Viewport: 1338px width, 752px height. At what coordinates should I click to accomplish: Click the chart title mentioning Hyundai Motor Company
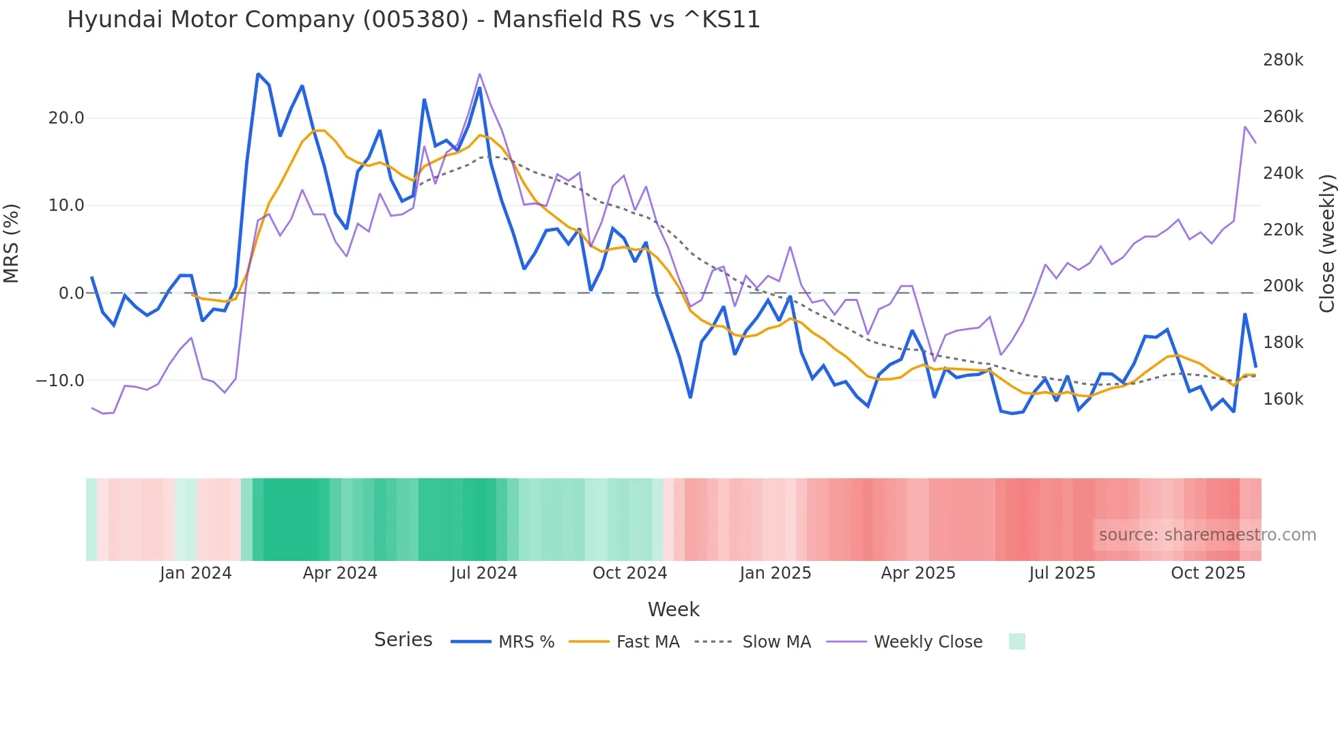pyautogui.click(x=413, y=20)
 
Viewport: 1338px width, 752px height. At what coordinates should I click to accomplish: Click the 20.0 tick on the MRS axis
pyautogui.click(x=66, y=118)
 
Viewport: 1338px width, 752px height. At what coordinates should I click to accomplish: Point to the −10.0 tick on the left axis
pyautogui.click(x=60, y=381)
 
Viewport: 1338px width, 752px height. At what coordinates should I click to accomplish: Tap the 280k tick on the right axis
pyautogui.click(x=1283, y=60)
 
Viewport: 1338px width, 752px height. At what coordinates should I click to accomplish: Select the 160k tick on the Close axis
pyautogui.click(x=1283, y=399)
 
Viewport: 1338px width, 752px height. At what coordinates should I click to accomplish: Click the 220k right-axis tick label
pyautogui.click(x=1283, y=230)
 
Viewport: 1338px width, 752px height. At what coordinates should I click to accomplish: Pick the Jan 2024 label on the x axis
pyautogui.click(x=196, y=573)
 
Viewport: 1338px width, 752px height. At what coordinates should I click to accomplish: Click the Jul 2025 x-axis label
pyautogui.click(x=1062, y=573)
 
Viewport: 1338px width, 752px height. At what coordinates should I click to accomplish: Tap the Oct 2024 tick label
pyautogui.click(x=629, y=573)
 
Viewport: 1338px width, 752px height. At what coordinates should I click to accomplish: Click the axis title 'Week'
pyautogui.click(x=673, y=609)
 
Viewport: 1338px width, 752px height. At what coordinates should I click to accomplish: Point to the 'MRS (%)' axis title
pyautogui.click(x=12, y=244)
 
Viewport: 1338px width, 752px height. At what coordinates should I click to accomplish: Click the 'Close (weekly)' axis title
pyautogui.click(x=1326, y=244)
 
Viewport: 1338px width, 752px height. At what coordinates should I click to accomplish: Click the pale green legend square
pyautogui.click(x=1016, y=641)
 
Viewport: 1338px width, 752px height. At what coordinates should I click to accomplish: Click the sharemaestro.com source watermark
pyautogui.click(x=1207, y=535)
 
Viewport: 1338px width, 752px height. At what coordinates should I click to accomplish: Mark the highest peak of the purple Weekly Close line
pyautogui.click(x=479, y=74)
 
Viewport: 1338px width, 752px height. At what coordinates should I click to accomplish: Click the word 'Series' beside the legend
pyautogui.click(x=403, y=640)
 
